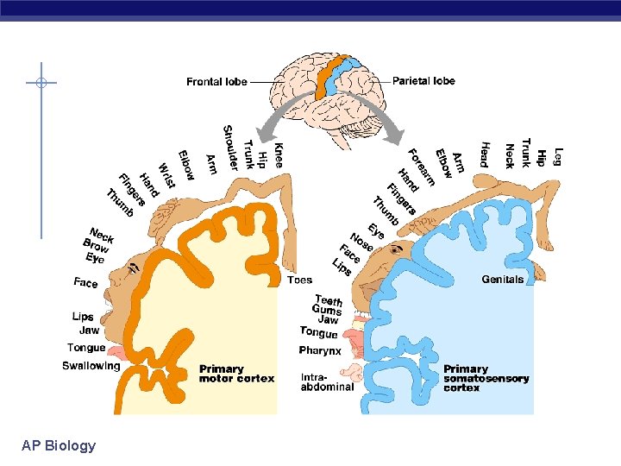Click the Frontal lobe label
pyautogui.click(x=216, y=82)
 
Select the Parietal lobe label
pyautogui.click(x=423, y=81)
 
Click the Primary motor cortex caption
pyautogui.click(x=236, y=374)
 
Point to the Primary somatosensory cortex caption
pyautogui.click(x=486, y=378)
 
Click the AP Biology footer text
pyautogui.click(x=59, y=445)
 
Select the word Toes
pyautogui.click(x=299, y=280)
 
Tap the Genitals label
pyautogui.click(x=502, y=280)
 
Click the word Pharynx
pyautogui.click(x=320, y=350)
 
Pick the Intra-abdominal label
pyautogui.click(x=327, y=381)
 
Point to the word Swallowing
pyautogui.click(x=91, y=366)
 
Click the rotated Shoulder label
pyautogui.click(x=230, y=148)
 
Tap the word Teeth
pyautogui.click(x=329, y=300)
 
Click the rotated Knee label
pyautogui.click(x=278, y=154)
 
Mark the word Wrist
pyautogui.click(x=166, y=175)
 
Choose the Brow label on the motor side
pyautogui.click(x=96, y=246)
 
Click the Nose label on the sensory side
pyautogui.click(x=360, y=242)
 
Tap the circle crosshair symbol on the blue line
pyautogui.click(x=41, y=84)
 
